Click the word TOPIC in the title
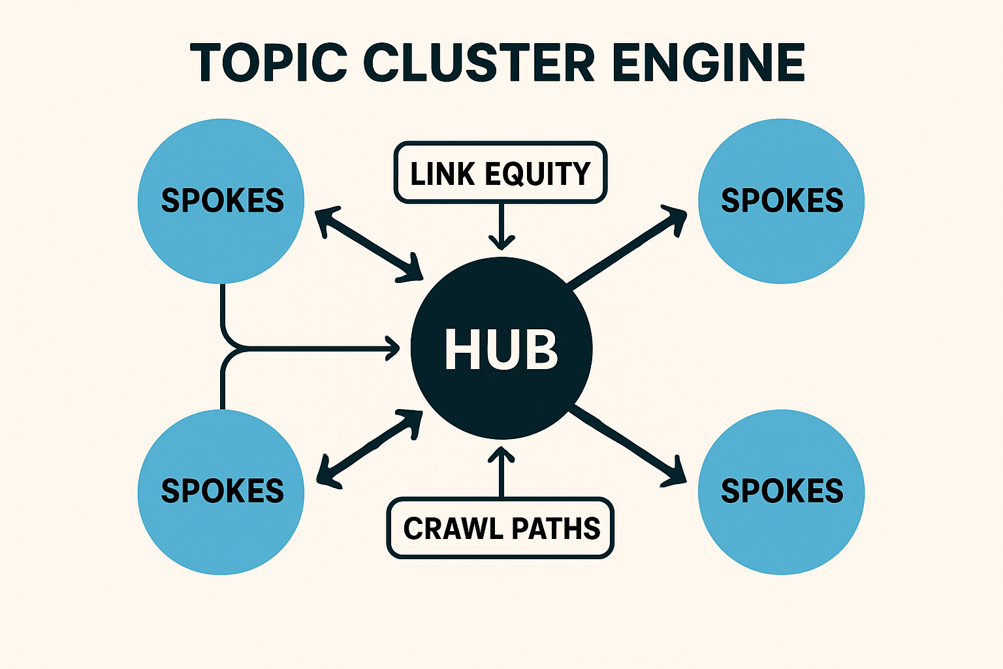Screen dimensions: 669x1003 pyautogui.click(x=268, y=63)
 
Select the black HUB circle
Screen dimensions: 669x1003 pyautogui.click(x=501, y=348)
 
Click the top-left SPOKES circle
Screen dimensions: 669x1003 pyautogui.click(x=221, y=201)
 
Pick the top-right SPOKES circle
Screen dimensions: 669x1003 pyautogui.click(x=781, y=201)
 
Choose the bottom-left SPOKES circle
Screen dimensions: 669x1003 pyautogui.click(x=221, y=491)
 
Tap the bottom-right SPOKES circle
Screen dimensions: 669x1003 pyautogui.click(x=781, y=491)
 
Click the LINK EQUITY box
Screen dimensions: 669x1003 pyautogui.click(x=500, y=173)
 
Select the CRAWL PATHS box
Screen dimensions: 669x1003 pyautogui.click(x=500, y=529)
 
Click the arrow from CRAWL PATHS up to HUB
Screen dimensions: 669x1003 pyautogui.click(x=501, y=472)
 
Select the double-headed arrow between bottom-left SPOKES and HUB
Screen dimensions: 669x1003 pyautogui.click(x=369, y=449)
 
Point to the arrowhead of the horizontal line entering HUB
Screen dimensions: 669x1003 pyautogui.click(x=393, y=348)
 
